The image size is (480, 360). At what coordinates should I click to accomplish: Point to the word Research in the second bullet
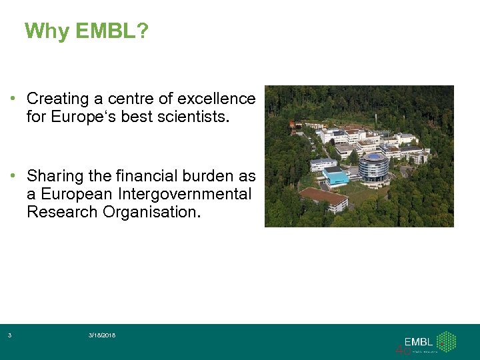pos(63,212)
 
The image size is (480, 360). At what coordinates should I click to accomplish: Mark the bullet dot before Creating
pos(13,99)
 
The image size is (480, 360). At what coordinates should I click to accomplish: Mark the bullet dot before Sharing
pos(13,177)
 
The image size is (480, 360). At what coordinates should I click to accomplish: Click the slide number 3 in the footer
pos(9,335)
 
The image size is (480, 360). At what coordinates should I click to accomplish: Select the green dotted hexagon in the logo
pos(446,341)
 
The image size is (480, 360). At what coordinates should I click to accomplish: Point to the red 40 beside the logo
pos(403,349)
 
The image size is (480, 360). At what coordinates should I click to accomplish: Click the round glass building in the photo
pos(373,167)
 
